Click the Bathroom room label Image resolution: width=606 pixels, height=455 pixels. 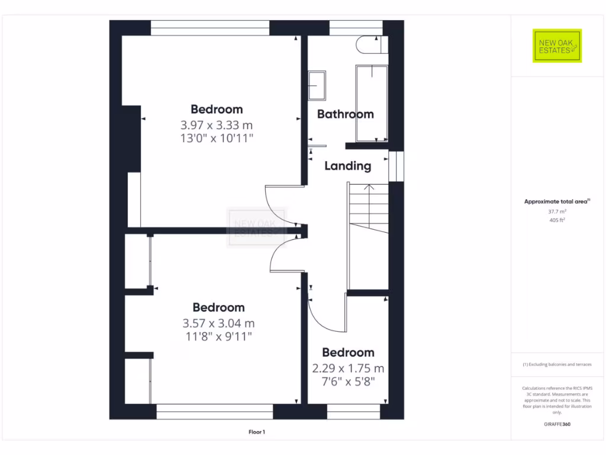pyautogui.click(x=346, y=114)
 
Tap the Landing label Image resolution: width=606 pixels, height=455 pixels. pyautogui.click(x=347, y=166)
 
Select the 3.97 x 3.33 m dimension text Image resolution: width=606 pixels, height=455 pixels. pyautogui.click(x=217, y=125)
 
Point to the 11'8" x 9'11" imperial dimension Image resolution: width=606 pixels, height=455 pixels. pyautogui.click(x=218, y=337)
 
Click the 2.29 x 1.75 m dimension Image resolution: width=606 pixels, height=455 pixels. pyautogui.click(x=348, y=368)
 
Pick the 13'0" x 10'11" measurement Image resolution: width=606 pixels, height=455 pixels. pyautogui.click(x=217, y=139)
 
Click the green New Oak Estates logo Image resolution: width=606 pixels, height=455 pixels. pyautogui.click(x=557, y=46)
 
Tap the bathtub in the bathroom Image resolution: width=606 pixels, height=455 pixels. pyautogui.click(x=372, y=103)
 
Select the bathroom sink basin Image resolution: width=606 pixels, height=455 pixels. pyautogui.click(x=317, y=85)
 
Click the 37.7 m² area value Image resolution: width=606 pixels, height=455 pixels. pyautogui.click(x=557, y=212)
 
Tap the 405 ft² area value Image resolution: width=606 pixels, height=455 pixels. pyautogui.click(x=557, y=220)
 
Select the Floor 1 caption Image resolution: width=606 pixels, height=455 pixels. pyautogui.click(x=256, y=432)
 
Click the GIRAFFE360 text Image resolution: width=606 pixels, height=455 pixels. pyautogui.click(x=557, y=424)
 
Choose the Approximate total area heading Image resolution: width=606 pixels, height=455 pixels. pyautogui.click(x=557, y=201)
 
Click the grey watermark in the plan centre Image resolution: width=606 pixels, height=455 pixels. pyautogui.click(x=256, y=227)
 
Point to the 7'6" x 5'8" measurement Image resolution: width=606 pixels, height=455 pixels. pyautogui.click(x=348, y=382)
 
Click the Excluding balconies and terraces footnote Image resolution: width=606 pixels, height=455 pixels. pyautogui.click(x=557, y=364)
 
